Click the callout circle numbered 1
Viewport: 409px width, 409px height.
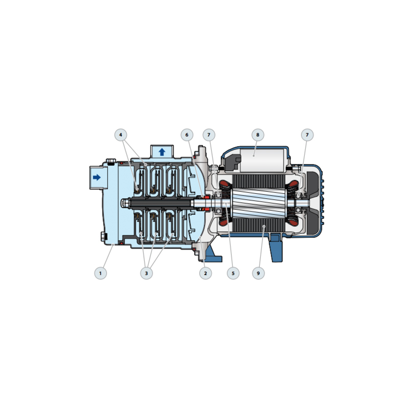[x=101, y=273]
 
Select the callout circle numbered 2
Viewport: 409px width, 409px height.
[x=205, y=273]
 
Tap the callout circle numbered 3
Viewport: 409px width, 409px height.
[x=146, y=273]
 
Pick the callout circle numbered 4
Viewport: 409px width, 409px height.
[x=121, y=135]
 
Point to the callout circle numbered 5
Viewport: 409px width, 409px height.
[x=233, y=273]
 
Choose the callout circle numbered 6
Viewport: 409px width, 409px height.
[x=187, y=135]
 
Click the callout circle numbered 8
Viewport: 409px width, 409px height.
[x=258, y=135]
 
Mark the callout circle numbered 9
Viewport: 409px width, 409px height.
[x=258, y=273]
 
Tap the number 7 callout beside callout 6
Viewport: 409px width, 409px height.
[x=209, y=135]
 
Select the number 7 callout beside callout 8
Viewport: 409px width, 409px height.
[x=307, y=135]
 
